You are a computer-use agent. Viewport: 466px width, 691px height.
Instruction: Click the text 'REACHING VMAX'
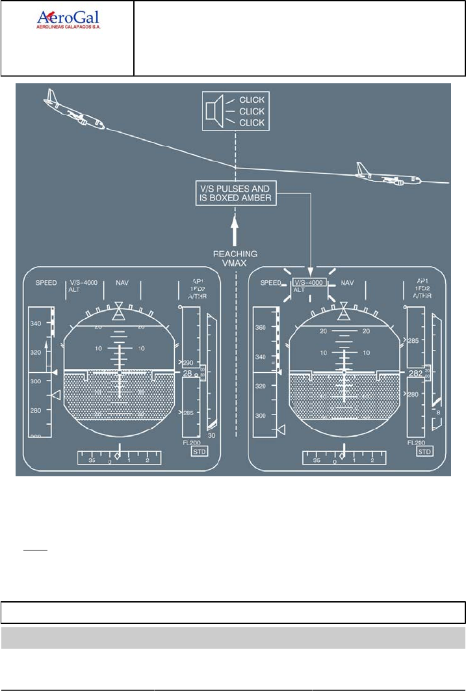[x=235, y=258]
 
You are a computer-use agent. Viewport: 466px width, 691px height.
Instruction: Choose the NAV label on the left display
[x=122, y=283]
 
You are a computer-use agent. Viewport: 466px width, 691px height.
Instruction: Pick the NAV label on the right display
[x=347, y=283]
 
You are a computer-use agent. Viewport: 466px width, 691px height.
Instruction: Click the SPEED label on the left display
[x=46, y=283]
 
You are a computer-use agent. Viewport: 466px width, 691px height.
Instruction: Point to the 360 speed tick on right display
[x=261, y=327]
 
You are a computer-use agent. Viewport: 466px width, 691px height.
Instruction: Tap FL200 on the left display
[x=191, y=442]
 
